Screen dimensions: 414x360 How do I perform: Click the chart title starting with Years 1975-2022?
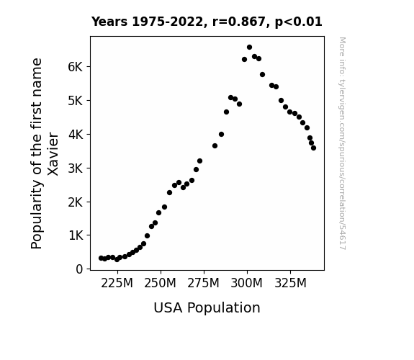[x=207, y=22]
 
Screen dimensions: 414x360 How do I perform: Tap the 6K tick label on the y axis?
[x=76, y=67]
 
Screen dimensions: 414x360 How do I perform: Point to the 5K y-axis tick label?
[x=76, y=101]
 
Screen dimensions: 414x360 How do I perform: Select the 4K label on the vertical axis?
[x=76, y=135]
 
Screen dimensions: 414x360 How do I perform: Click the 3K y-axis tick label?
[x=76, y=168]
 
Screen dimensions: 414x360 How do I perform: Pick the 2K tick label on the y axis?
[x=76, y=202]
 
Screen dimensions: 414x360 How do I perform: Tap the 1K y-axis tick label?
[x=76, y=235]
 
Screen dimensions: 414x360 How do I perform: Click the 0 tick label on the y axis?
[x=79, y=269]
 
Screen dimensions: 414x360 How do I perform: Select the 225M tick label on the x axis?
[x=117, y=284]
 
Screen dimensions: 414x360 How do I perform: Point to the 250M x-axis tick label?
[x=160, y=284]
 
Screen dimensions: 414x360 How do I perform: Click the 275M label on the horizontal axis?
[x=203, y=284]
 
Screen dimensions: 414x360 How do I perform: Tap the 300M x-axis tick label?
[x=247, y=284]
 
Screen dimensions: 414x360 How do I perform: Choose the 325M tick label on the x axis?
[x=290, y=284]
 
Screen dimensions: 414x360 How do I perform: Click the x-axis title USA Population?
[x=207, y=308]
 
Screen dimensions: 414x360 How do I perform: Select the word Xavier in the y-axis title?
[x=53, y=154]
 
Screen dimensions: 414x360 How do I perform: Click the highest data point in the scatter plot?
[x=250, y=48]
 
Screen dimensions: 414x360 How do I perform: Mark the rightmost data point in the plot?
[x=313, y=148]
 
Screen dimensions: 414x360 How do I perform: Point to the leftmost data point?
[x=101, y=258]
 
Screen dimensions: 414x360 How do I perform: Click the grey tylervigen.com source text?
[x=343, y=143]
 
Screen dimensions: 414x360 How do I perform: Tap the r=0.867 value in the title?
[x=239, y=22]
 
